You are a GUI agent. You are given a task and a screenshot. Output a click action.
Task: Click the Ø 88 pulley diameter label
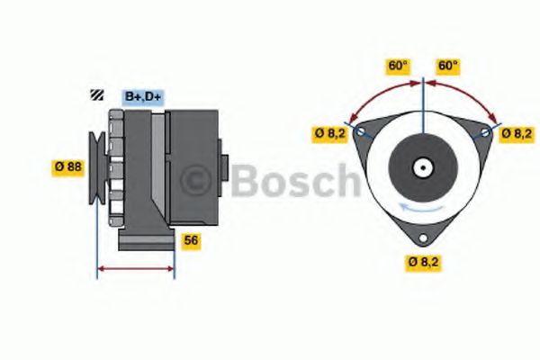[x=67, y=166]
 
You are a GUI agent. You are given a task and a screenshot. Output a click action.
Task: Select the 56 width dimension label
[x=191, y=240]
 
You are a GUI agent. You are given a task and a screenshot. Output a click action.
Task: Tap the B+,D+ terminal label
[x=143, y=96]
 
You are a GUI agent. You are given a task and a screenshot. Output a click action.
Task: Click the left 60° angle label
[x=398, y=66]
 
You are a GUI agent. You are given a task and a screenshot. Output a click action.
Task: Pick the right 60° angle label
[x=447, y=66]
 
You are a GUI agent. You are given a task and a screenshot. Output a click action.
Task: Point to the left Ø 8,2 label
[x=330, y=134]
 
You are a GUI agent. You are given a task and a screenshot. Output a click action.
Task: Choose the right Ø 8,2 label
[x=517, y=134]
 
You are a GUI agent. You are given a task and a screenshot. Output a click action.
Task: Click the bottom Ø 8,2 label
[x=423, y=263]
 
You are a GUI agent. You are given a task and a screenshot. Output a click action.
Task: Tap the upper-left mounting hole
[x=361, y=132]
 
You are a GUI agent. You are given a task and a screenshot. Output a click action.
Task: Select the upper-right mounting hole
[x=487, y=132]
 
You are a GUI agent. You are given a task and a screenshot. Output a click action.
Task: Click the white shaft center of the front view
[x=422, y=167]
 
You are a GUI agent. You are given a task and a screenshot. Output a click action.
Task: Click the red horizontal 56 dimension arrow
[x=135, y=268]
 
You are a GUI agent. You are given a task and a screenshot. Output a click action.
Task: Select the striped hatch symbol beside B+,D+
[x=95, y=95]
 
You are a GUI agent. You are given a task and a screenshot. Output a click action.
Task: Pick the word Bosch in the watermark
[x=294, y=180]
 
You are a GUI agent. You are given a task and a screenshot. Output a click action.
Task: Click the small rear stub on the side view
[x=224, y=168]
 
